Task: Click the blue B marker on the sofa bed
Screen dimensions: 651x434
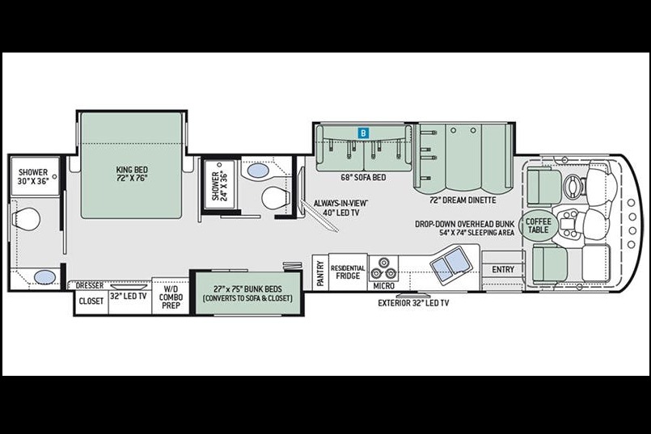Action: (363, 133)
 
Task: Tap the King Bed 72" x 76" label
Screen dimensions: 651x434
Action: (132, 174)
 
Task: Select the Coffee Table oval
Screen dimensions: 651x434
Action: (538, 225)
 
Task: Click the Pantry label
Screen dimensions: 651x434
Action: (320, 273)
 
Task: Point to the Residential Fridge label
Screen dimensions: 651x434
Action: (348, 272)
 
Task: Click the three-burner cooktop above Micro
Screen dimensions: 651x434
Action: (383, 268)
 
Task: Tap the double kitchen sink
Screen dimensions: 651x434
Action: (450, 262)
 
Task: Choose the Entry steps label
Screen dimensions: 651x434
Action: (503, 270)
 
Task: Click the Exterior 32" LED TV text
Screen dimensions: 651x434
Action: (413, 303)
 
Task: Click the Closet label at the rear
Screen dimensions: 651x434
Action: (91, 301)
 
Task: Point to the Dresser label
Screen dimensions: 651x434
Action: (89, 285)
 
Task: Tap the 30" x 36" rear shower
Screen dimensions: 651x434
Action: (35, 176)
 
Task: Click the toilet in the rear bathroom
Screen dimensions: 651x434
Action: (26, 219)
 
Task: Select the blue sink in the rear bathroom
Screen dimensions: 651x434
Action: (44, 277)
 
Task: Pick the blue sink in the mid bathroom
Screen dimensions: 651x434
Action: (257, 171)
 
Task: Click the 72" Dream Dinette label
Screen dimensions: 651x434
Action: (463, 200)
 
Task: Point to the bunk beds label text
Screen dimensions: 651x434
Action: (247, 293)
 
